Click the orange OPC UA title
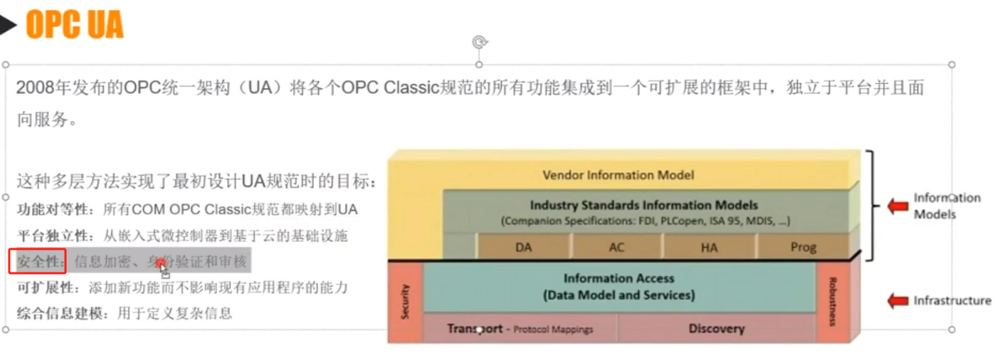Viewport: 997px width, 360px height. [x=74, y=25]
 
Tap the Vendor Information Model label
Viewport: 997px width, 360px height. [x=618, y=174]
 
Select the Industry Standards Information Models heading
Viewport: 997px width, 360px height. [x=644, y=206]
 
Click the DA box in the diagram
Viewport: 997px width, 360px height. [x=524, y=248]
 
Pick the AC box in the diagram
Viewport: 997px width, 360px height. [x=616, y=248]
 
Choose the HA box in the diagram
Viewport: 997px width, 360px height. [x=709, y=248]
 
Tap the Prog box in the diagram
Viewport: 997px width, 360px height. [x=803, y=248]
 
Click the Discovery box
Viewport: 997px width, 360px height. [x=716, y=329]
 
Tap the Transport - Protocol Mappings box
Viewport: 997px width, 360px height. [x=520, y=329]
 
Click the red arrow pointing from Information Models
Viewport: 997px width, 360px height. [x=897, y=206]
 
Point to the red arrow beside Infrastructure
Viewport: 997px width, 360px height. [x=897, y=301]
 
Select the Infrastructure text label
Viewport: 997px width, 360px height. [x=952, y=301]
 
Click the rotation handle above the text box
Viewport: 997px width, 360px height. [x=480, y=42]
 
